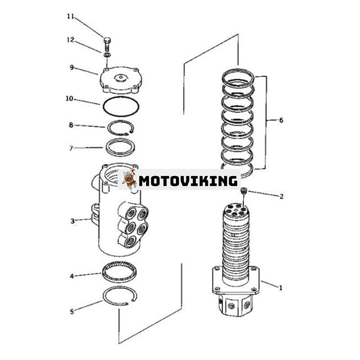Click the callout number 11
[70, 17]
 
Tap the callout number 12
[70, 40]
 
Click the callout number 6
[281, 120]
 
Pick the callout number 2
[281, 196]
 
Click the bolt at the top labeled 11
[107, 43]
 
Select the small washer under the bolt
[107, 55]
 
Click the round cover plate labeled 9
[119, 80]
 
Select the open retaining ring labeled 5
[120, 295]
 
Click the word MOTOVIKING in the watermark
[188, 181]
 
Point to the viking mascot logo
[129, 180]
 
